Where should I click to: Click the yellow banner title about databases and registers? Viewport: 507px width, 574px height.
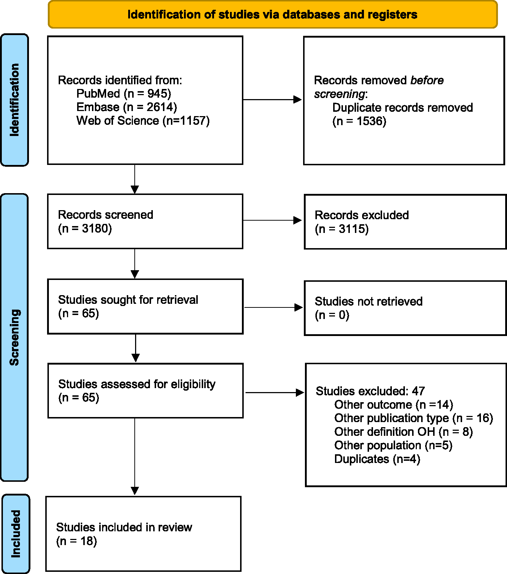tap(272, 14)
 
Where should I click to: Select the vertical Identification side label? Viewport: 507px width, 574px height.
tap(14, 100)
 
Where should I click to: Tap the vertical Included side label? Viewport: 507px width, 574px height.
tap(16, 534)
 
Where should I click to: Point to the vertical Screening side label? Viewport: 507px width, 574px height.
tap(14, 337)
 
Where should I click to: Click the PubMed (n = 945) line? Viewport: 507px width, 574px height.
tap(123, 94)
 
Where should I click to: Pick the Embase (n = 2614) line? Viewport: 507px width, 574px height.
tap(127, 107)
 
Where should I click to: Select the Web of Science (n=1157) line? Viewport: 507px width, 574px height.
tap(143, 120)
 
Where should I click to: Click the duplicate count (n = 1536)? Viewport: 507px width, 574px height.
tap(359, 121)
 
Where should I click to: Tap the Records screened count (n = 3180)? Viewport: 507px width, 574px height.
tap(85, 229)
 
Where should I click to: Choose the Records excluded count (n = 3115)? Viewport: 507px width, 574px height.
tap(342, 229)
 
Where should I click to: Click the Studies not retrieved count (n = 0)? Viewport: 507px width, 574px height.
tap(332, 315)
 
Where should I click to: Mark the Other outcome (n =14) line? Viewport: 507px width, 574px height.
tap(394, 405)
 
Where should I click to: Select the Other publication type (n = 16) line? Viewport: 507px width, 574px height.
tap(414, 418)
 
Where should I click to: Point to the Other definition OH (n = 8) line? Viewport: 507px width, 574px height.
tap(403, 432)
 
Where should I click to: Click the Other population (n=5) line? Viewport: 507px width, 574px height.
tap(393, 445)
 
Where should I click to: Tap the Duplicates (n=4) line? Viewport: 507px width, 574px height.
tap(377, 459)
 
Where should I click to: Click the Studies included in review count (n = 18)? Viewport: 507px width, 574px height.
tap(77, 541)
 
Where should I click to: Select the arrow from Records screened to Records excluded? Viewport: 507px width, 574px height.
tap(272, 220)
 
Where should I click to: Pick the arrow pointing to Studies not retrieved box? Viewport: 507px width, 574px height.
tap(273, 307)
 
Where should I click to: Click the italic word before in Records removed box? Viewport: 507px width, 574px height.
tap(427, 80)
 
